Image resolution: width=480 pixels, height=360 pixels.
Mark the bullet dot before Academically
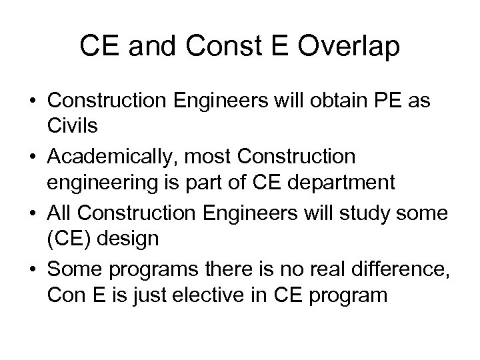point(34,157)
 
